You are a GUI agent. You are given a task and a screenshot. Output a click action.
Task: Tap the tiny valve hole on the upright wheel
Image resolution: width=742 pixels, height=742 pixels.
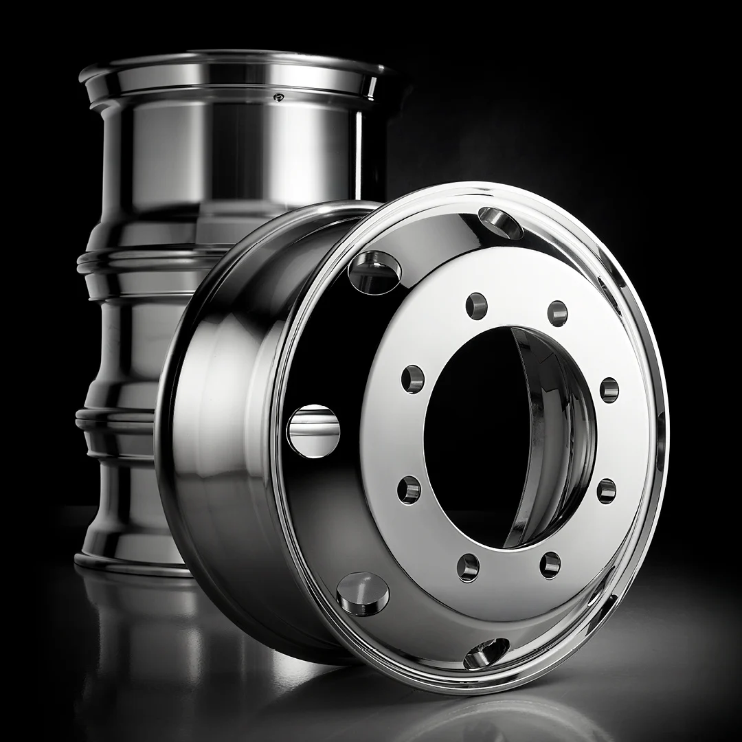[278, 97]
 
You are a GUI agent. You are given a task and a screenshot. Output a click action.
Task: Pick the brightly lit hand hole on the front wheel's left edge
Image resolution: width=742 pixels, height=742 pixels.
[313, 431]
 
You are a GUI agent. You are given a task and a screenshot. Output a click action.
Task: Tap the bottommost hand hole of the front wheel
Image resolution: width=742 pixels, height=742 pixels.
[486, 653]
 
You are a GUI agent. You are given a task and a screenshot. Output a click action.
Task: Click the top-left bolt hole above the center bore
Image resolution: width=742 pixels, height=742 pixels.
[476, 305]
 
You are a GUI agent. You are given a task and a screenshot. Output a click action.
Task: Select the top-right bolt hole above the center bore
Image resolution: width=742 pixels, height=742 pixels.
[557, 313]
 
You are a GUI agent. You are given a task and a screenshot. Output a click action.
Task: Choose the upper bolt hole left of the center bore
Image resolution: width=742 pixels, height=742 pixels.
[413, 379]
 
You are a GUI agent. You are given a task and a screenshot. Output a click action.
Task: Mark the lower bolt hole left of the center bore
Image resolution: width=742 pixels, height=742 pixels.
[409, 489]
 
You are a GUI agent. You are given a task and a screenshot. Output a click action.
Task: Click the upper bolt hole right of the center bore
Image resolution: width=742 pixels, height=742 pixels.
[609, 390]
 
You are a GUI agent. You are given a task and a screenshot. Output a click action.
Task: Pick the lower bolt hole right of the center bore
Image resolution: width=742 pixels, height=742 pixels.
[606, 491]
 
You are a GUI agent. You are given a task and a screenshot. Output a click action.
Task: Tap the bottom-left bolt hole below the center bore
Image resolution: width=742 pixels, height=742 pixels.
[469, 567]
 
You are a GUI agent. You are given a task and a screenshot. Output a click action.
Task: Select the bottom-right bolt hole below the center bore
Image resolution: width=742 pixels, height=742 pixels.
[550, 565]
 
